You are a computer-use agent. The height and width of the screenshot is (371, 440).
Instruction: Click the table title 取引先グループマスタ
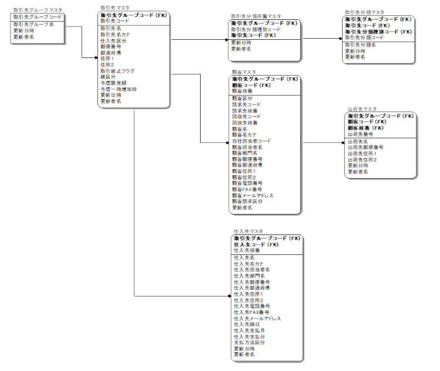click(x=37, y=11)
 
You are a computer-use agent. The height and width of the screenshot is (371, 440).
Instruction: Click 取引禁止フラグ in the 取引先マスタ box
click(x=118, y=70)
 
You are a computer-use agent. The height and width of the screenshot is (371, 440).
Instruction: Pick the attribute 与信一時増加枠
click(x=118, y=89)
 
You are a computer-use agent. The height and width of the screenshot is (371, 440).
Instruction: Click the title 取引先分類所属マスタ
click(x=256, y=17)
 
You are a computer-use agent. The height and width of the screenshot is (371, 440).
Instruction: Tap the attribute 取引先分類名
click(x=360, y=45)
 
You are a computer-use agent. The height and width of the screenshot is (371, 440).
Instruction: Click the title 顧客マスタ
click(x=244, y=72)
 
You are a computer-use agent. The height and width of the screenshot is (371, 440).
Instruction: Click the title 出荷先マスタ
click(x=362, y=109)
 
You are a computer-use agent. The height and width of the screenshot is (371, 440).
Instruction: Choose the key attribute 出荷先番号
click(x=361, y=134)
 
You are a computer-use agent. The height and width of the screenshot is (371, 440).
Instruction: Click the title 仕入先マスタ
click(x=248, y=232)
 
